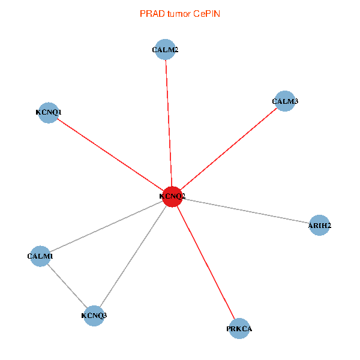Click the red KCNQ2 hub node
click(172, 197)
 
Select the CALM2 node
click(165, 50)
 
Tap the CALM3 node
click(285, 101)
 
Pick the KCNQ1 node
click(49, 112)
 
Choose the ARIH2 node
click(319, 226)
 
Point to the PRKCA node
click(239, 329)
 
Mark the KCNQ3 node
click(94, 316)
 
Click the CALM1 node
click(40, 256)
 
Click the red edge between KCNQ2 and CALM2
click(169, 124)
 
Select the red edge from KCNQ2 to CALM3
click(229, 149)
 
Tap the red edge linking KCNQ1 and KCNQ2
click(110, 154)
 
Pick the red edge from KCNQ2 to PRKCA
click(206, 263)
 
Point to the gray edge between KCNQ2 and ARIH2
click(246, 211)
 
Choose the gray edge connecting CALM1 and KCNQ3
click(67, 286)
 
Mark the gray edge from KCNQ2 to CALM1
click(106, 227)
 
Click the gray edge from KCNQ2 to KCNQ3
click(133, 256)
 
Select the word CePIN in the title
click(206, 13)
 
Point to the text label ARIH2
click(319, 226)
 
